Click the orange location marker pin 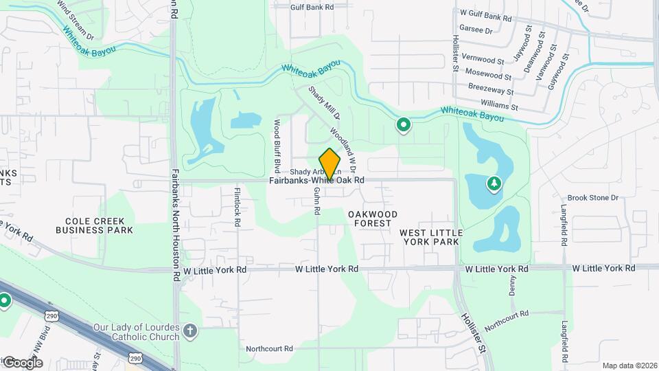330,164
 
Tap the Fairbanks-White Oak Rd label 316,180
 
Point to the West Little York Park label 431,238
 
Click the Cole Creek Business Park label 99,225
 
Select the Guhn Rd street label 317,202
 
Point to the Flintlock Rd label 238,203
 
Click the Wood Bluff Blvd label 277,146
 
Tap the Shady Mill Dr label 319,103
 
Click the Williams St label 499,105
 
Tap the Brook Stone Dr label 593,197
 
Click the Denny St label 512,287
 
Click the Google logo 23,362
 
